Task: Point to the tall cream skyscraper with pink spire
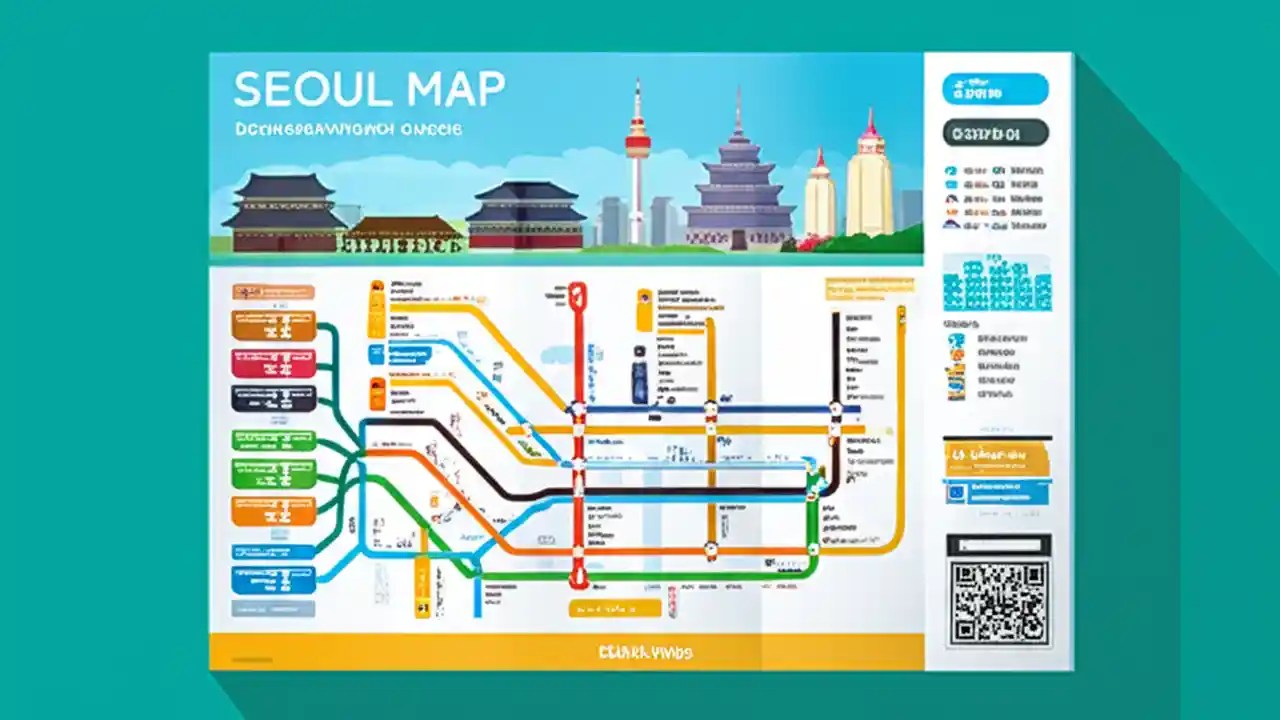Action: tap(869, 180)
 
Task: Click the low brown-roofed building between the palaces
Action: tap(404, 234)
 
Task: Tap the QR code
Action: tap(999, 603)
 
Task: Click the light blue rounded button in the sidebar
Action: tap(995, 89)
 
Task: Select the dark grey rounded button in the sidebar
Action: tap(995, 133)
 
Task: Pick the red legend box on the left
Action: tap(274, 363)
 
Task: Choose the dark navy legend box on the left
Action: tap(274, 398)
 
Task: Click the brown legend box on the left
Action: tap(274, 326)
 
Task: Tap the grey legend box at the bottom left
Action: tap(274, 608)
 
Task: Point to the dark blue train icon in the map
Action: tap(640, 379)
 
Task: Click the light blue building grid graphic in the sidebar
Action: tap(997, 283)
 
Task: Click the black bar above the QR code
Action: tap(999, 545)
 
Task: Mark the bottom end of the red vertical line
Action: tap(578, 581)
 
